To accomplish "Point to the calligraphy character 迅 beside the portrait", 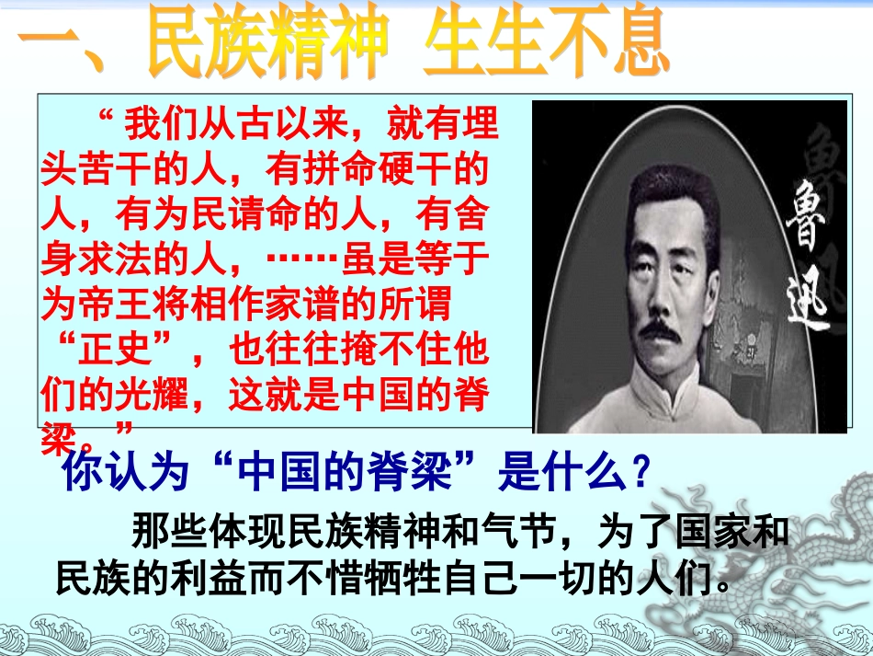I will coord(809,304).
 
